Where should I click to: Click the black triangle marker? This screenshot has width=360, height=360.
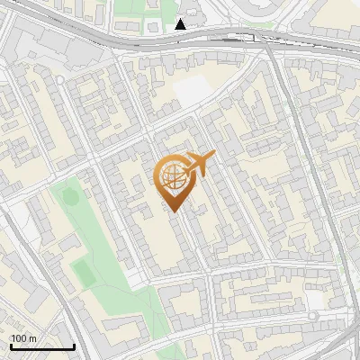[181, 24]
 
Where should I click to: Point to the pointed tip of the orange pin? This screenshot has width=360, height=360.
[173, 211]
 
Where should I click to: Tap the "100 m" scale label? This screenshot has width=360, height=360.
[23, 338]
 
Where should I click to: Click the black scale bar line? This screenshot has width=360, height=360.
[42, 346]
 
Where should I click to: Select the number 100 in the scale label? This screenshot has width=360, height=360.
[19, 338]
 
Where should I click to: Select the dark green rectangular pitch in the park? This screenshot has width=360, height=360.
[82, 270]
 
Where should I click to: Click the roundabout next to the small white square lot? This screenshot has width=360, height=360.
[313, 317]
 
